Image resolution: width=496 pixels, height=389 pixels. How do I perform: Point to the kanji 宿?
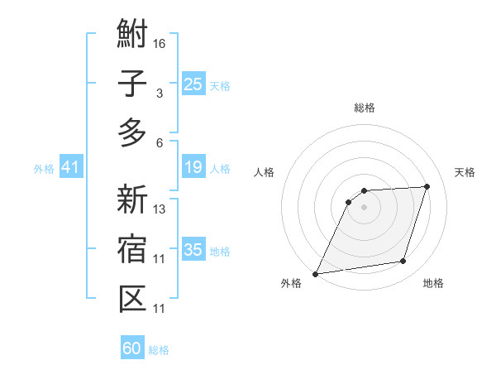[x=132, y=249]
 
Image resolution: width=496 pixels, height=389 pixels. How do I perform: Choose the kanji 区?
[x=132, y=296]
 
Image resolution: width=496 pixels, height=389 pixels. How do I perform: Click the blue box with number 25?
[x=193, y=84]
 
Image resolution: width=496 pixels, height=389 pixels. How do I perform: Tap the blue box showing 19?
[x=193, y=168]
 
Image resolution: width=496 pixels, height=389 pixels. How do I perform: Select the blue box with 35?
[x=193, y=250]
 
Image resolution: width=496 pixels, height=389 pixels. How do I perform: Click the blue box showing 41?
[x=69, y=168]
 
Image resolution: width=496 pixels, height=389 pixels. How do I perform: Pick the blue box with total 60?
[x=132, y=348]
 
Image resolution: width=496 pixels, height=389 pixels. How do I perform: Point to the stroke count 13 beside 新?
[x=160, y=209]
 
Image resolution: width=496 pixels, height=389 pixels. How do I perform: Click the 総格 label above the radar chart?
[x=364, y=108]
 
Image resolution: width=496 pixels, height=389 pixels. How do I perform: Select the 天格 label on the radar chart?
[x=465, y=172]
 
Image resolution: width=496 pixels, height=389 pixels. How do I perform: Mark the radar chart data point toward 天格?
[x=427, y=186]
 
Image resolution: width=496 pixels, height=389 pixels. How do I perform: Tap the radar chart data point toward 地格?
[x=403, y=262]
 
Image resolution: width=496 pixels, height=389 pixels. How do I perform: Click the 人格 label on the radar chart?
[x=265, y=172]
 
